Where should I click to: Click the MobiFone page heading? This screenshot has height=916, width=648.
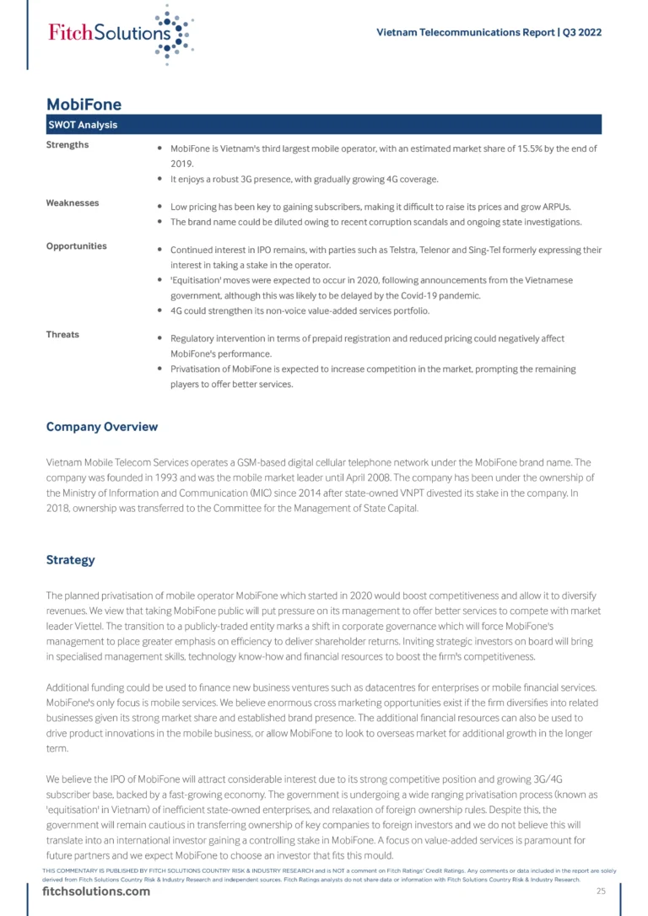click(84, 105)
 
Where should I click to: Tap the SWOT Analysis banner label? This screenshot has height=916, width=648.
click(82, 125)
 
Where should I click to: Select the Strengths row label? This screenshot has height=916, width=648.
click(67, 145)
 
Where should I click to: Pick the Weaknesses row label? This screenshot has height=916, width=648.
click(72, 203)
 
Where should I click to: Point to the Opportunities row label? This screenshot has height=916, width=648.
click(76, 246)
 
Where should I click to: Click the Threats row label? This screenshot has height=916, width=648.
click(62, 335)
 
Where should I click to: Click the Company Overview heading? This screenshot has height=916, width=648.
click(101, 427)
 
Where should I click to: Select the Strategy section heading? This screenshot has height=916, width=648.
click(70, 560)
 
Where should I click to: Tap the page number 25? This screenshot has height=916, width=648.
click(601, 892)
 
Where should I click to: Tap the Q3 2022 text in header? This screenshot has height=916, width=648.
click(581, 33)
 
